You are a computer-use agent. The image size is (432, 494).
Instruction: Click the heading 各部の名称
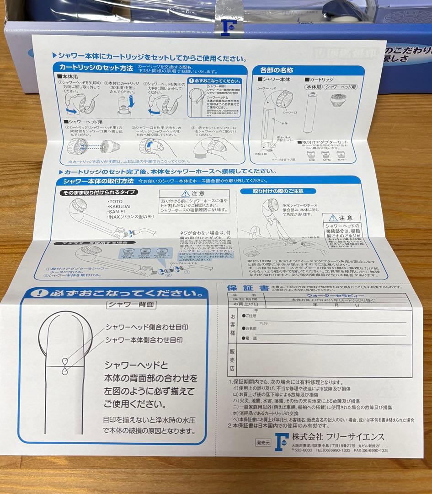[x=276, y=70]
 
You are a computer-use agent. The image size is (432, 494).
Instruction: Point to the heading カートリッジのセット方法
[x=96, y=69]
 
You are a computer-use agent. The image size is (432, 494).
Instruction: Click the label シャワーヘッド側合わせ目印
[x=146, y=328]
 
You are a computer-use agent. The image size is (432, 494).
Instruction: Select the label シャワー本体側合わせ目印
[x=144, y=340]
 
